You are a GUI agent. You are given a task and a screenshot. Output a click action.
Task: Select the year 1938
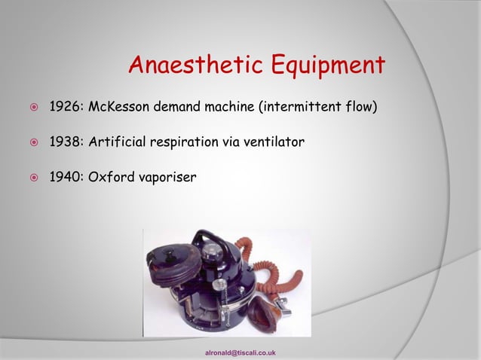[66, 142]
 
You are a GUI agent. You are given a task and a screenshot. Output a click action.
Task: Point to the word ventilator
[276, 142]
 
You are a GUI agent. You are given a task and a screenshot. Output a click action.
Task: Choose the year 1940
[66, 178]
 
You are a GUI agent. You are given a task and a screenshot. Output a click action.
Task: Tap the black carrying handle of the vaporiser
[219, 245]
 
